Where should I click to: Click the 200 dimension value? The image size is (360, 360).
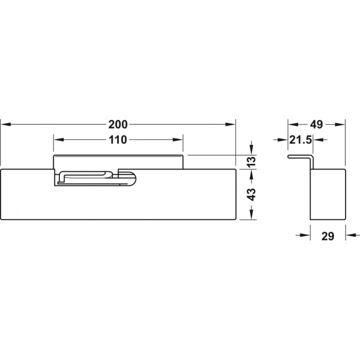[118, 124]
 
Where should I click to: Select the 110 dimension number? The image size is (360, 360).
[118, 140]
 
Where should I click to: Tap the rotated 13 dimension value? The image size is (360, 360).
[252, 161]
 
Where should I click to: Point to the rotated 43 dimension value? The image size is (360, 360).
[252, 194]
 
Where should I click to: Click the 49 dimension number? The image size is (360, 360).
[316, 124]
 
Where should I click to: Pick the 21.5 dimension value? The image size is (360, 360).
[300, 140]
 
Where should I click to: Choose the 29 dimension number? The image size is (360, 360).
[327, 236]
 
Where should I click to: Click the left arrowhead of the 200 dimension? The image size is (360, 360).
[5, 124]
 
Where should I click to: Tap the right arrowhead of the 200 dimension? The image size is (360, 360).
[230, 124]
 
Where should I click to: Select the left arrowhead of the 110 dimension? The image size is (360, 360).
[59, 139]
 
